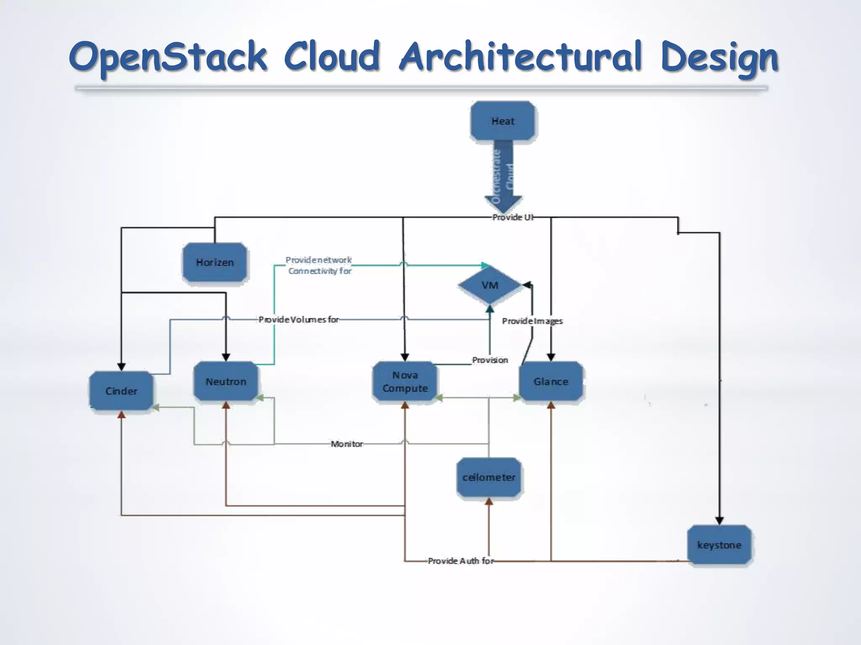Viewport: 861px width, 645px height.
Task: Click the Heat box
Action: pyautogui.click(x=503, y=121)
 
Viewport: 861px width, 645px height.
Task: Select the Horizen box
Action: pyautogui.click(x=214, y=262)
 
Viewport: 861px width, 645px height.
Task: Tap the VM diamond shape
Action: pyautogui.click(x=490, y=286)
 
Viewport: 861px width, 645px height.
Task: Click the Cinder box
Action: pyautogui.click(x=121, y=391)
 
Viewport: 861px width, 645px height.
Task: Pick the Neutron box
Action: pyautogui.click(x=226, y=381)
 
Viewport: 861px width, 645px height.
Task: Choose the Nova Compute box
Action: pyautogui.click(x=405, y=381)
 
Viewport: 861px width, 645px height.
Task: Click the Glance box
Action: pyautogui.click(x=551, y=381)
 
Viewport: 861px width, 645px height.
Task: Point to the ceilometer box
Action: pyautogui.click(x=489, y=477)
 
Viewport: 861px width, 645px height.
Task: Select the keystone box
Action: pyautogui.click(x=719, y=545)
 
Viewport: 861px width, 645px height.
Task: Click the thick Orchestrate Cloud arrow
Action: pyautogui.click(x=503, y=176)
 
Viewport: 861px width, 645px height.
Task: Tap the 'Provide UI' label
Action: pyautogui.click(x=513, y=217)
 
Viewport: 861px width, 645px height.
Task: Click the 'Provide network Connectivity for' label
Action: pyautogui.click(x=319, y=265)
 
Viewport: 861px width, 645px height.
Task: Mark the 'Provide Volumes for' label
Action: pyautogui.click(x=298, y=320)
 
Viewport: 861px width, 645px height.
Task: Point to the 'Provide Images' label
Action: pyautogui.click(x=532, y=321)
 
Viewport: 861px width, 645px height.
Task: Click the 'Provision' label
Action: pyautogui.click(x=490, y=360)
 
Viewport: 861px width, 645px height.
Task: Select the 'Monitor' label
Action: pyautogui.click(x=346, y=444)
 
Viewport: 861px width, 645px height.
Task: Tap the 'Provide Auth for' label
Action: pyautogui.click(x=461, y=561)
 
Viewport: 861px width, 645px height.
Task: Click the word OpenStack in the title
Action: pyautogui.click(x=168, y=57)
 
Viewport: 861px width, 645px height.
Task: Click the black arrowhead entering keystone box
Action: pyautogui.click(x=719, y=520)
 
